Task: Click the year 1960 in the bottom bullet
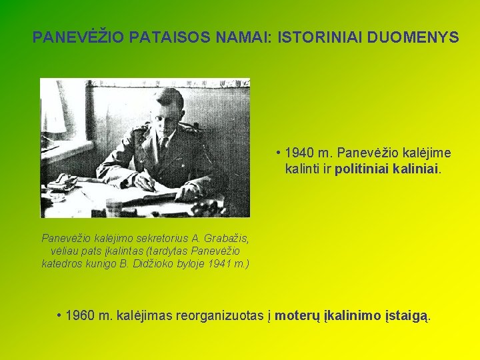click(x=81, y=314)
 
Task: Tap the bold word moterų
click(x=297, y=314)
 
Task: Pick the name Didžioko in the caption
click(x=154, y=264)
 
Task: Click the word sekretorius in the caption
click(x=151, y=237)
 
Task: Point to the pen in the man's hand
click(x=148, y=179)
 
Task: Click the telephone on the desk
click(x=63, y=182)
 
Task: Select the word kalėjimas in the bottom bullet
click(x=145, y=314)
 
